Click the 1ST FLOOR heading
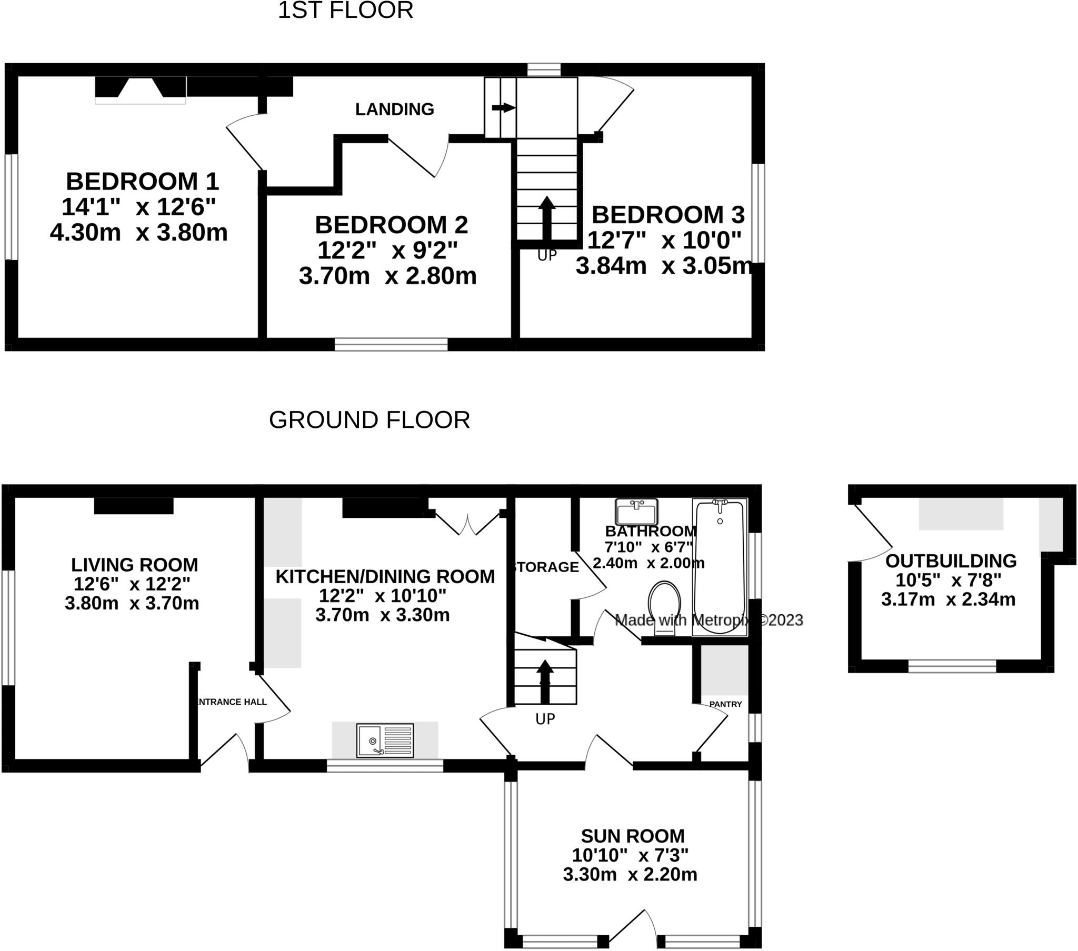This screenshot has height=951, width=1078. pyautogui.click(x=345, y=11)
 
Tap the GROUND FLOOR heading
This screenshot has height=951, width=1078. pyautogui.click(x=369, y=420)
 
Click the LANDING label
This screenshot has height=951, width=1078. pyautogui.click(x=394, y=109)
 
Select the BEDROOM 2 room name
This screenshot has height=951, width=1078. pyautogui.click(x=391, y=225)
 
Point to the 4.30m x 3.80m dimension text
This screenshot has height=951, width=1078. pyautogui.click(x=139, y=232)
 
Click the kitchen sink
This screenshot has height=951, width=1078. pyautogui.click(x=385, y=740)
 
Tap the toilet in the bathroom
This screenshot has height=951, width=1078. pyautogui.click(x=664, y=607)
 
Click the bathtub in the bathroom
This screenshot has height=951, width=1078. pyautogui.click(x=720, y=567)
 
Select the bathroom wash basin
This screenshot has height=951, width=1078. pyautogui.click(x=636, y=510)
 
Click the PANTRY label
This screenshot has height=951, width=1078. pyautogui.click(x=725, y=704)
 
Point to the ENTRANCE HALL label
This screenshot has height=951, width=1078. pyautogui.click(x=232, y=702)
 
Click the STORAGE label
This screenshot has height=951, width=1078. pyautogui.click(x=546, y=567)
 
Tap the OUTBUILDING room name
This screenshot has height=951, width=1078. pyautogui.click(x=951, y=560)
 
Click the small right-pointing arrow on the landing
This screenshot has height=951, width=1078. pyautogui.click(x=503, y=107)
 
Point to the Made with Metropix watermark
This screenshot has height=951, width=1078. pyautogui.click(x=708, y=620)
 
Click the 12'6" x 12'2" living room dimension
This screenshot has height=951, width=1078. pyautogui.click(x=132, y=584)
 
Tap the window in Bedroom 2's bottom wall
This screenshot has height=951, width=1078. pyautogui.click(x=391, y=344)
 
